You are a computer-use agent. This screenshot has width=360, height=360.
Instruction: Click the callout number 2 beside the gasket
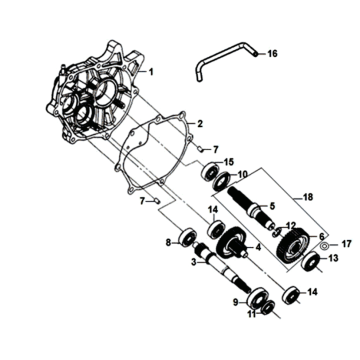pos(200,124)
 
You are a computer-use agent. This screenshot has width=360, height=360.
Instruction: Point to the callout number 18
pos(292,199)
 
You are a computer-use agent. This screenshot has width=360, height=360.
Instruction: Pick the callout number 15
pos(229,161)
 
